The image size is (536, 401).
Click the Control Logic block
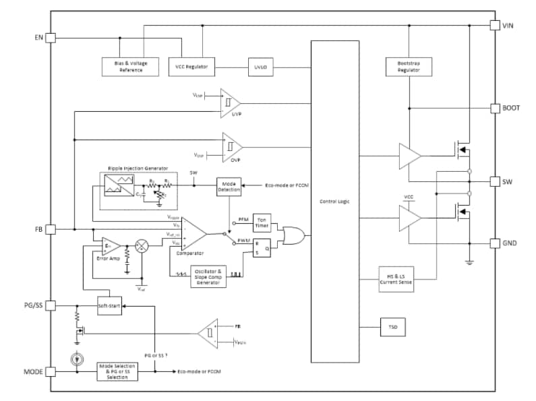(334, 201)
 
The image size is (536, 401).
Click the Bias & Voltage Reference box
(131, 67)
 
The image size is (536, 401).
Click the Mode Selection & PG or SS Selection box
(117, 371)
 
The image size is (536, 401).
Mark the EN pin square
(50, 38)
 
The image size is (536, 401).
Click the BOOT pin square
(494, 108)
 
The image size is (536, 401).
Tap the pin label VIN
(509, 25)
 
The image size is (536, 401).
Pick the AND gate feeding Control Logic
(293, 236)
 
